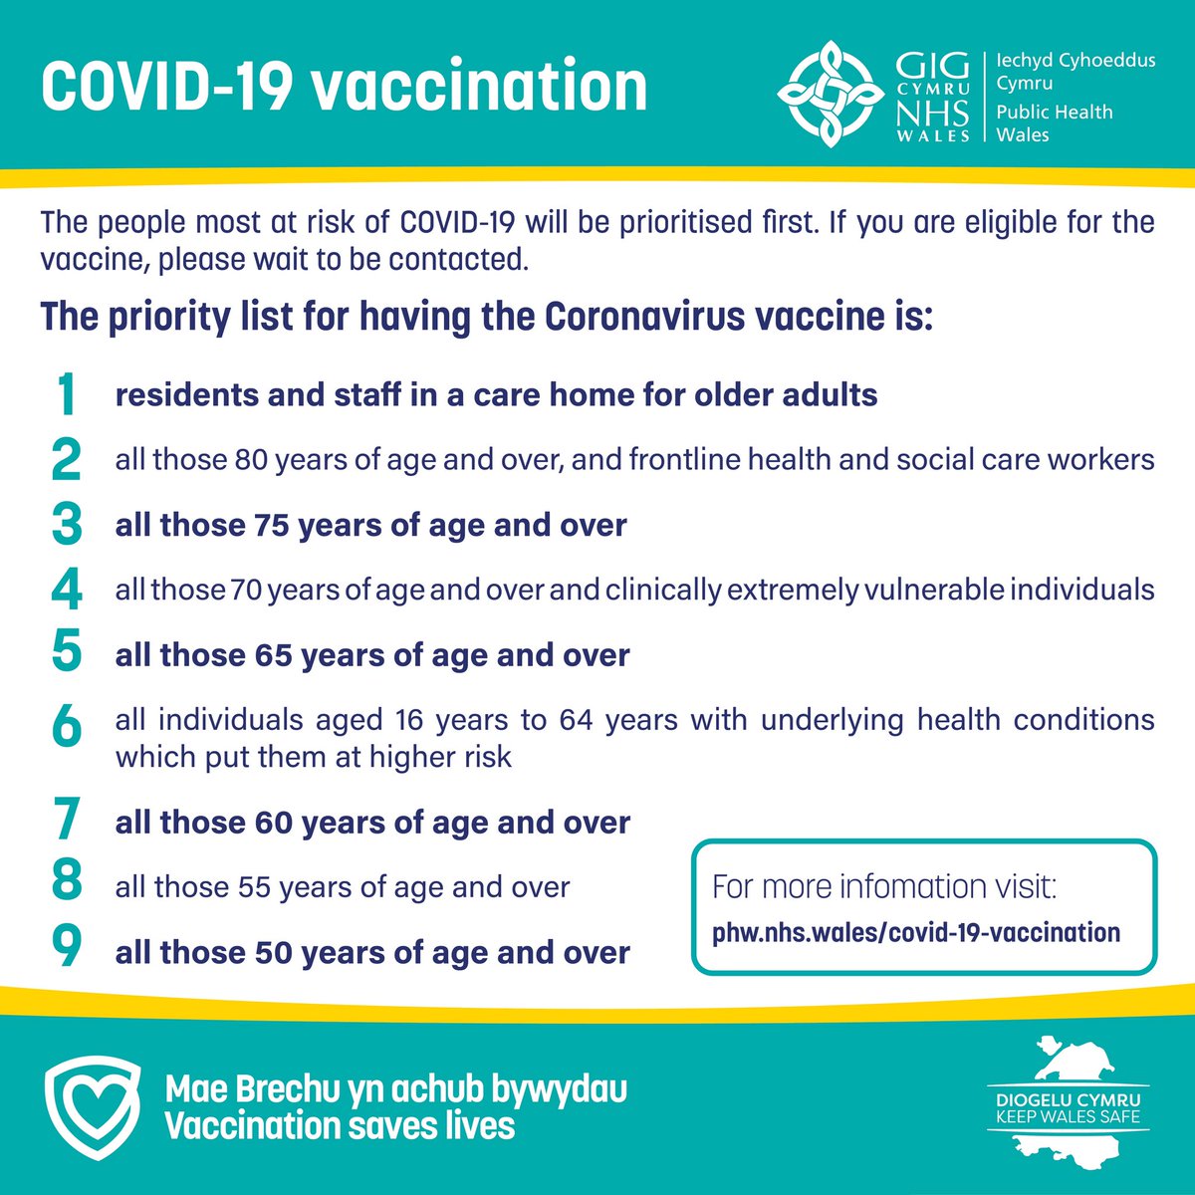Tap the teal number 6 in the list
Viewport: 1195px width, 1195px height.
[67, 726]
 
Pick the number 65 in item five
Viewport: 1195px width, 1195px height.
[273, 655]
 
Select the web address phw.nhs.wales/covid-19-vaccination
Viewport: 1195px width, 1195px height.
[916, 933]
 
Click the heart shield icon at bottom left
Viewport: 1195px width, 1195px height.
[89, 1105]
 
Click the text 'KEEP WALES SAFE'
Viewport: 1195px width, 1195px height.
[1068, 1116]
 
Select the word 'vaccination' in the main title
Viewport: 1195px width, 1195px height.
[480, 87]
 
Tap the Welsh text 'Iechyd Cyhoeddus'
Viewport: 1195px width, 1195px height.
[1075, 61]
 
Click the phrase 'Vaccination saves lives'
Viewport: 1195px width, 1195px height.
[340, 1126]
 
